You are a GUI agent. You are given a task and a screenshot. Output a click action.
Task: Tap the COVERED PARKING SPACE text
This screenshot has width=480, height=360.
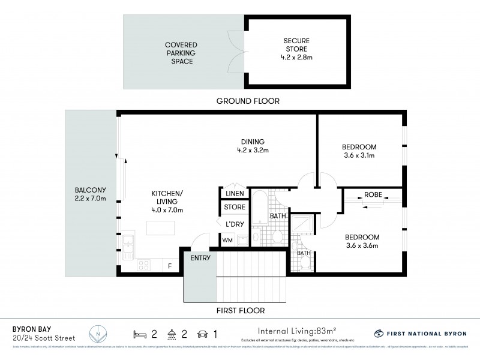point(181,53)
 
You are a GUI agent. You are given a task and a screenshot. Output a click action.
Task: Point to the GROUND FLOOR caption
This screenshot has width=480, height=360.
point(248,101)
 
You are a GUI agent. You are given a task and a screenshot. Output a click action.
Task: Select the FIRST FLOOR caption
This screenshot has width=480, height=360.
point(241,311)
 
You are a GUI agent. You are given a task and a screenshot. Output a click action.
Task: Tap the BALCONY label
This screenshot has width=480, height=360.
point(87,191)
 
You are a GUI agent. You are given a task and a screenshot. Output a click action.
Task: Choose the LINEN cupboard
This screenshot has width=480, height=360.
point(235,193)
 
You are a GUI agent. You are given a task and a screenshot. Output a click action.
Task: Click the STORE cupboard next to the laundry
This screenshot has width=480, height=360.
point(235,208)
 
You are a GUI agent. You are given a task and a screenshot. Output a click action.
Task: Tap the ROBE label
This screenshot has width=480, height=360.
point(373,194)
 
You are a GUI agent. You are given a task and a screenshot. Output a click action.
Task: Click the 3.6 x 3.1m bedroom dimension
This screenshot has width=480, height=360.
point(359,155)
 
